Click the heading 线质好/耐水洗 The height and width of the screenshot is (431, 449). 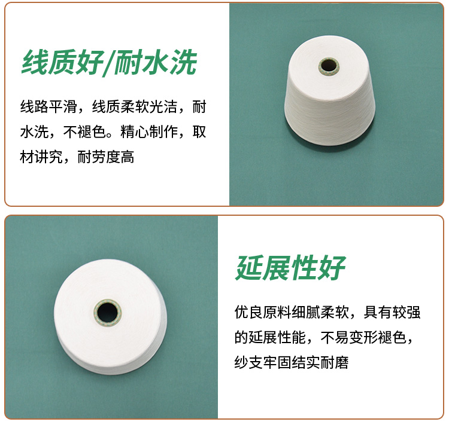point(110,63)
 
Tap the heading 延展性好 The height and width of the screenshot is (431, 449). point(290,268)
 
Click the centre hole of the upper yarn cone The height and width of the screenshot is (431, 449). point(329,66)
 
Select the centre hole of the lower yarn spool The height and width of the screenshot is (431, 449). point(107,312)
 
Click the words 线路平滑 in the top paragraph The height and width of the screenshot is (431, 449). point(48,107)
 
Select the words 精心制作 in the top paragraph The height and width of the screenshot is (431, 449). point(149,132)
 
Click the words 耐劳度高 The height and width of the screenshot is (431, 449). point(106,157)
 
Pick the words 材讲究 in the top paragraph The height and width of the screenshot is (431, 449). point(41,157)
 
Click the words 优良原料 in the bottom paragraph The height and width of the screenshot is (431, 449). point(263,312)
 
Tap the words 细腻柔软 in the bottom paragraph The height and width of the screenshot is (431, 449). point(320,312)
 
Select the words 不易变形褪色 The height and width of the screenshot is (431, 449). point(363,338)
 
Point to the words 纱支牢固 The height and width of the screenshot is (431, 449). point(263,363)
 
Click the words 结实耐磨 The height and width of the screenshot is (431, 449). point(320,363)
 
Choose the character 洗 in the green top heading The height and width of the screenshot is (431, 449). point(183,63)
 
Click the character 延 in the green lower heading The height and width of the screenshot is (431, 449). point(249,268)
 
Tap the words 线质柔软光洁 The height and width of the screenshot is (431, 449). point(135,107)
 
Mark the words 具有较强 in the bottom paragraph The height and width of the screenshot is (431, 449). point(392,312)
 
